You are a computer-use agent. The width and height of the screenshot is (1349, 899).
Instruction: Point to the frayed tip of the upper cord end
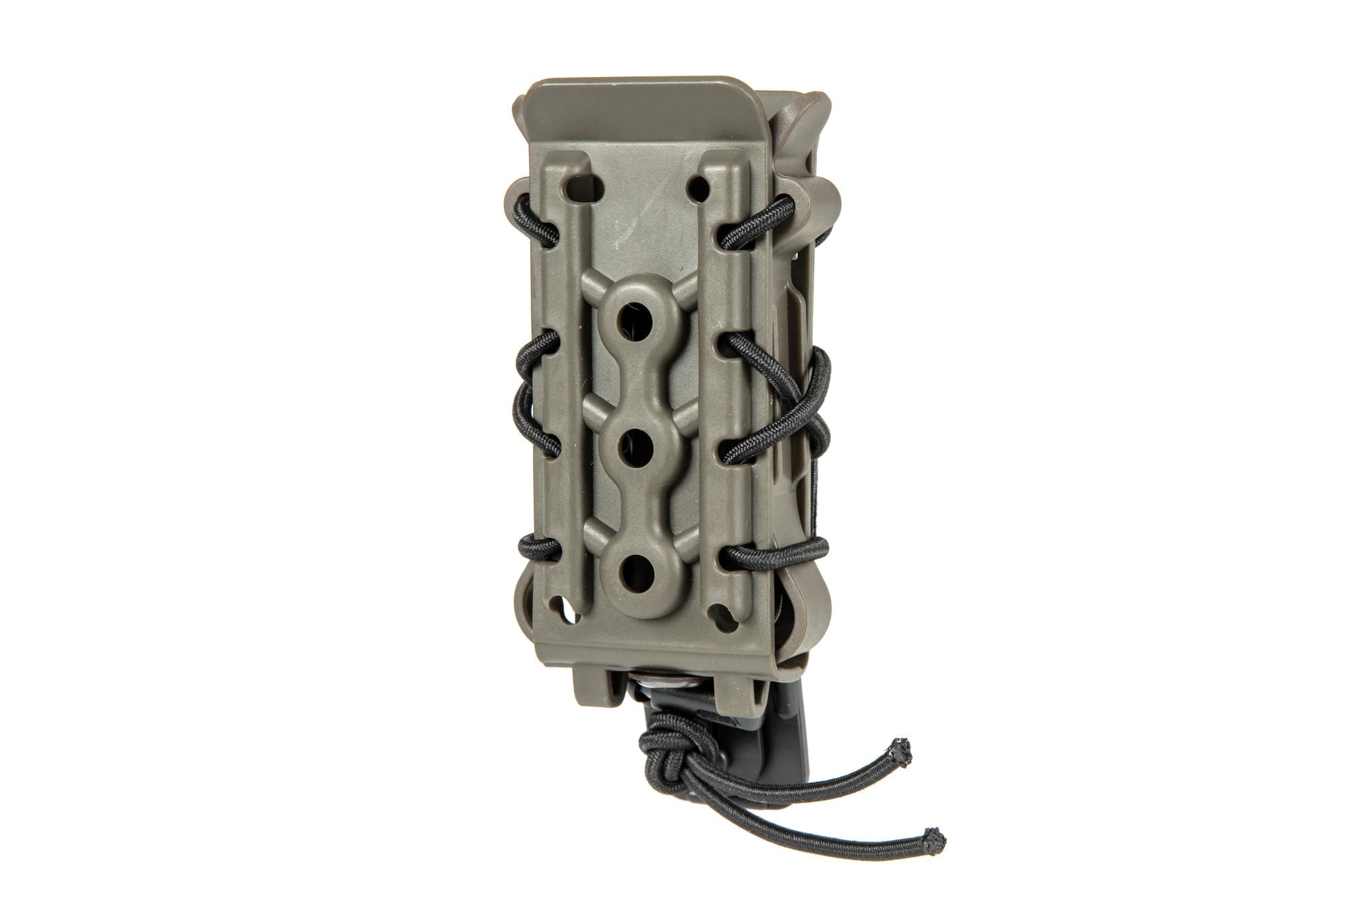coord(901,746)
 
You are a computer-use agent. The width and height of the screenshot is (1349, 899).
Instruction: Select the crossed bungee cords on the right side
coord(803,405)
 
